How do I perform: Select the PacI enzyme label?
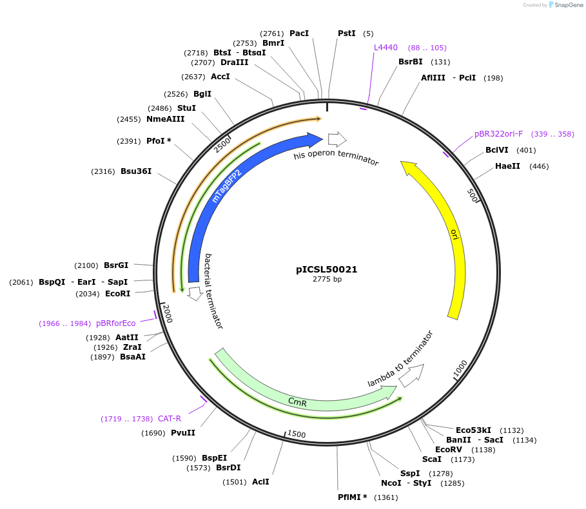point(299,33)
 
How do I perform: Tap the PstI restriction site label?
point(346,33)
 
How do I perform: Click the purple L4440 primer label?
point(386,48)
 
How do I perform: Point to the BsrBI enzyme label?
point(411,62)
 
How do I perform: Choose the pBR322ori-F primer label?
point(498,134)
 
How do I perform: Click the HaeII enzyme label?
point(508,166)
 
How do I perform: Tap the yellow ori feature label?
point(454,234)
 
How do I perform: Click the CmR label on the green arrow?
point(297,402)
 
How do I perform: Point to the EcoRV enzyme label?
point(449,450)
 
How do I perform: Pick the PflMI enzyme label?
point(352,497)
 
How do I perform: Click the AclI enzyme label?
point(260,481)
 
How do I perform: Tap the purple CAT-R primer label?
point(170,418)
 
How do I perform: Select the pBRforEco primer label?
point(116,323)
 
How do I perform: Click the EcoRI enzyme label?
point(117,294)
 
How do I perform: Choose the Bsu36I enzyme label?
point(136,171)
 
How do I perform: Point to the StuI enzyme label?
point(186,108)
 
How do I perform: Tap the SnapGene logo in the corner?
point(567,5)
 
